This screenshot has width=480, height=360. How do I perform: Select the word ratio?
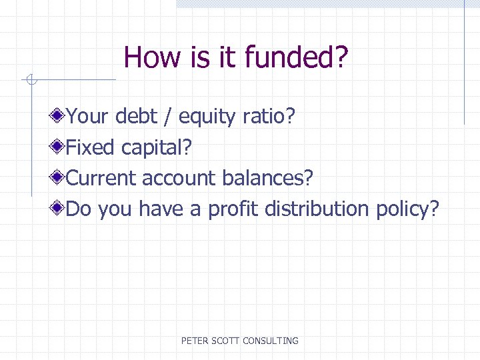pyautogui.click(x=268, y=117)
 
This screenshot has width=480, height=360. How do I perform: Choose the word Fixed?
pyautogui.click(x=92, y=147)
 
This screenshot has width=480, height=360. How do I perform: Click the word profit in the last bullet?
pyautogui.click(x=234, y=209)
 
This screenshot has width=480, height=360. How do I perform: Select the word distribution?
pyautogui.click(x=317, y=209)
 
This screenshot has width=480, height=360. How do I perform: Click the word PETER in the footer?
pyautogui.click(x=195, y=341)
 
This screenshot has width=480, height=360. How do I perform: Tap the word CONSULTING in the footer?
pyautogui.click(x=271, y=341)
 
